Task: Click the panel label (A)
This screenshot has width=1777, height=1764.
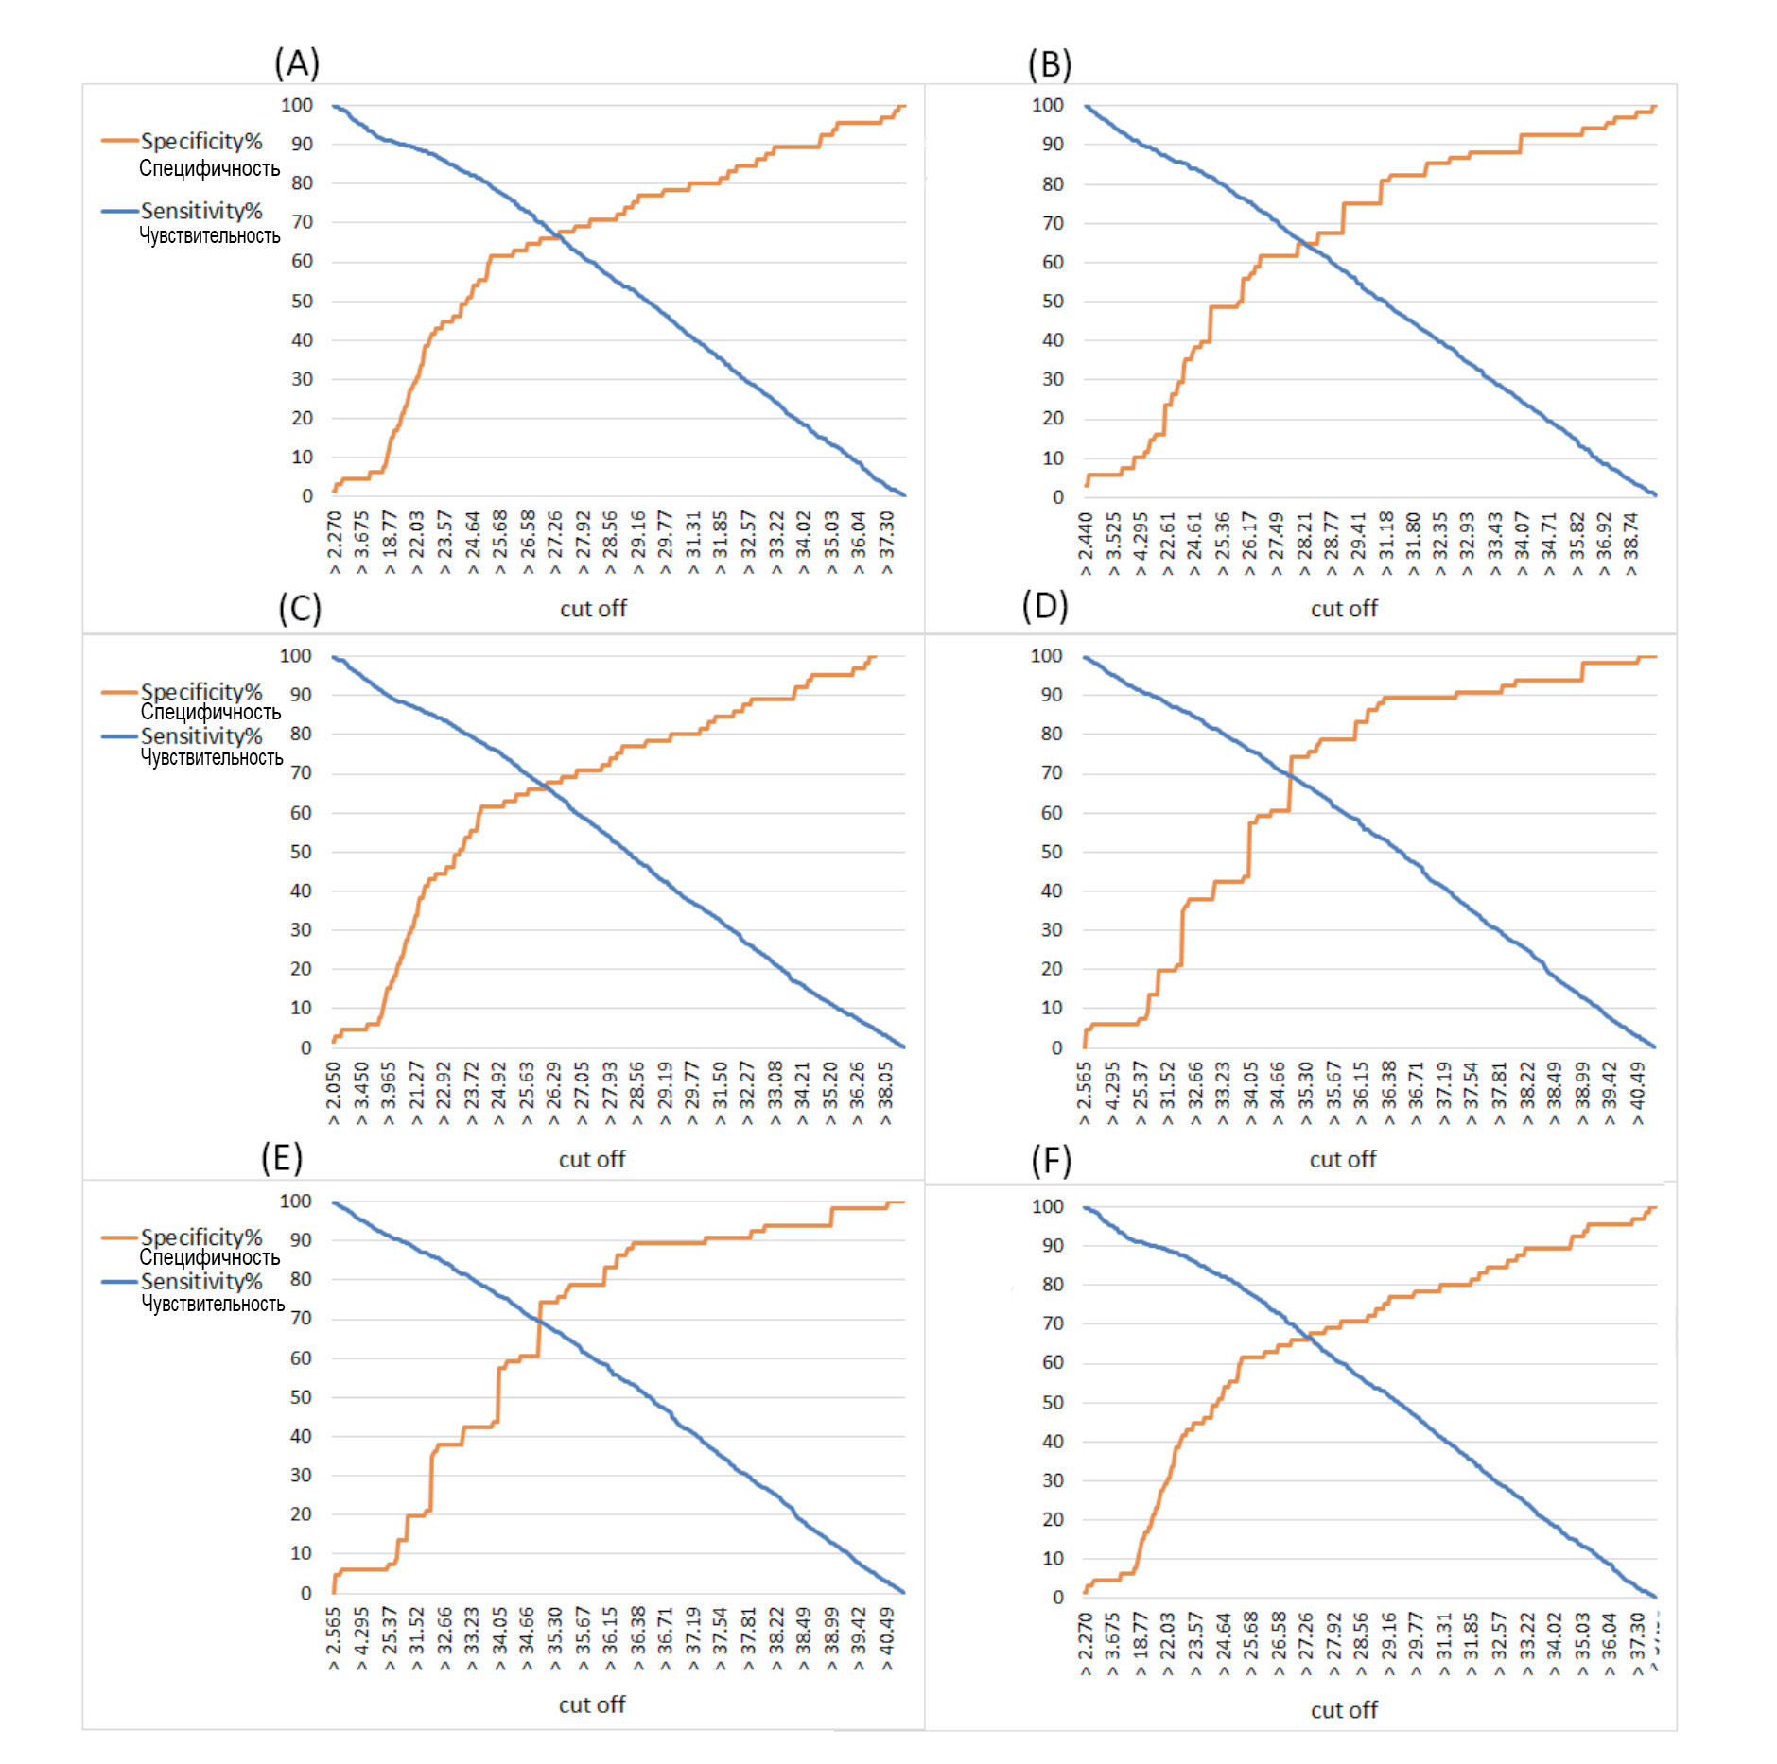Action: [x=297, y=63]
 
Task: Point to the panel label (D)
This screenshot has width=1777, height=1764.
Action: [x=1045, y=605]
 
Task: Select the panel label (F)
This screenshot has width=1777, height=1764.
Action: [x=1051, y=1160]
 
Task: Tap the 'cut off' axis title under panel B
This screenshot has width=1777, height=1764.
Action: [x=1344, y=609]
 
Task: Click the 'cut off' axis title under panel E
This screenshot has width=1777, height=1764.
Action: [x=592, y=1704]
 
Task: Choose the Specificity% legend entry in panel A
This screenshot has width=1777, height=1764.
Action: [x=200, y=141]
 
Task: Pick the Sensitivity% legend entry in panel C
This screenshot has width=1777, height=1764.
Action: [x=200, y=735]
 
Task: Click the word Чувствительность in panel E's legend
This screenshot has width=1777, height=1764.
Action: [x=213, y=1304]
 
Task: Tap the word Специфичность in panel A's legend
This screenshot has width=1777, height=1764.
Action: [x=209, y=168]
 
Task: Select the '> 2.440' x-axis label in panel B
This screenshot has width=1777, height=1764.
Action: [x=1086, y=544]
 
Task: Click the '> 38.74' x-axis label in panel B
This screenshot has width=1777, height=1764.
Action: [x=1631, y=544]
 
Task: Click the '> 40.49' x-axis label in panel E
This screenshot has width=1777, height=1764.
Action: [x=887, y=1639]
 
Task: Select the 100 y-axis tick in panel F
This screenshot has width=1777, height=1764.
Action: [x=1047, y=1206]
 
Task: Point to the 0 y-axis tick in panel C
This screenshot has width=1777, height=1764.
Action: [x=305, y=1047]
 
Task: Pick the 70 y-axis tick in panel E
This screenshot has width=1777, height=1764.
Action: [x=301, y=1318]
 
